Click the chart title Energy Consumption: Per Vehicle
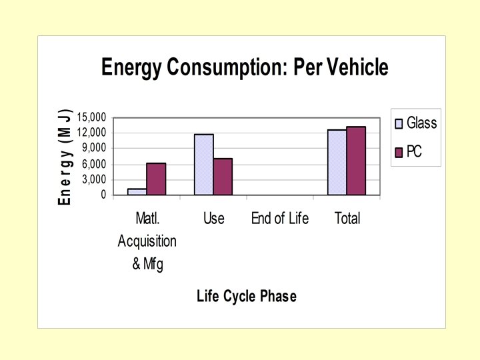point(244,68)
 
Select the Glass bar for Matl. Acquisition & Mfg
point(137,191)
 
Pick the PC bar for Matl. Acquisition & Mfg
point(156,179)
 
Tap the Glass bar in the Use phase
point(204,165)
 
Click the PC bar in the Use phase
point(223,177)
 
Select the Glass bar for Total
point(337,162)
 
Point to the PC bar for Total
point(356,161)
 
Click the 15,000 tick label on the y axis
point(91,117)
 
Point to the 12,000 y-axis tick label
point(91,133)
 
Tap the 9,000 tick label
point(94,148)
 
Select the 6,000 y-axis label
point(94,164)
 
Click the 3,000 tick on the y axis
point(94,179)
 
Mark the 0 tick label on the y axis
point(103,195)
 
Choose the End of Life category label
point(280,219)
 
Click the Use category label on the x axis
point(213,219)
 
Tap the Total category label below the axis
point(347,219)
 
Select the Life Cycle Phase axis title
point(247,297)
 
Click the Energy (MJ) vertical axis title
point(65,157)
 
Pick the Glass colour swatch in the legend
point(399,123)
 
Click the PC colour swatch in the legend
point(399,153)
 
